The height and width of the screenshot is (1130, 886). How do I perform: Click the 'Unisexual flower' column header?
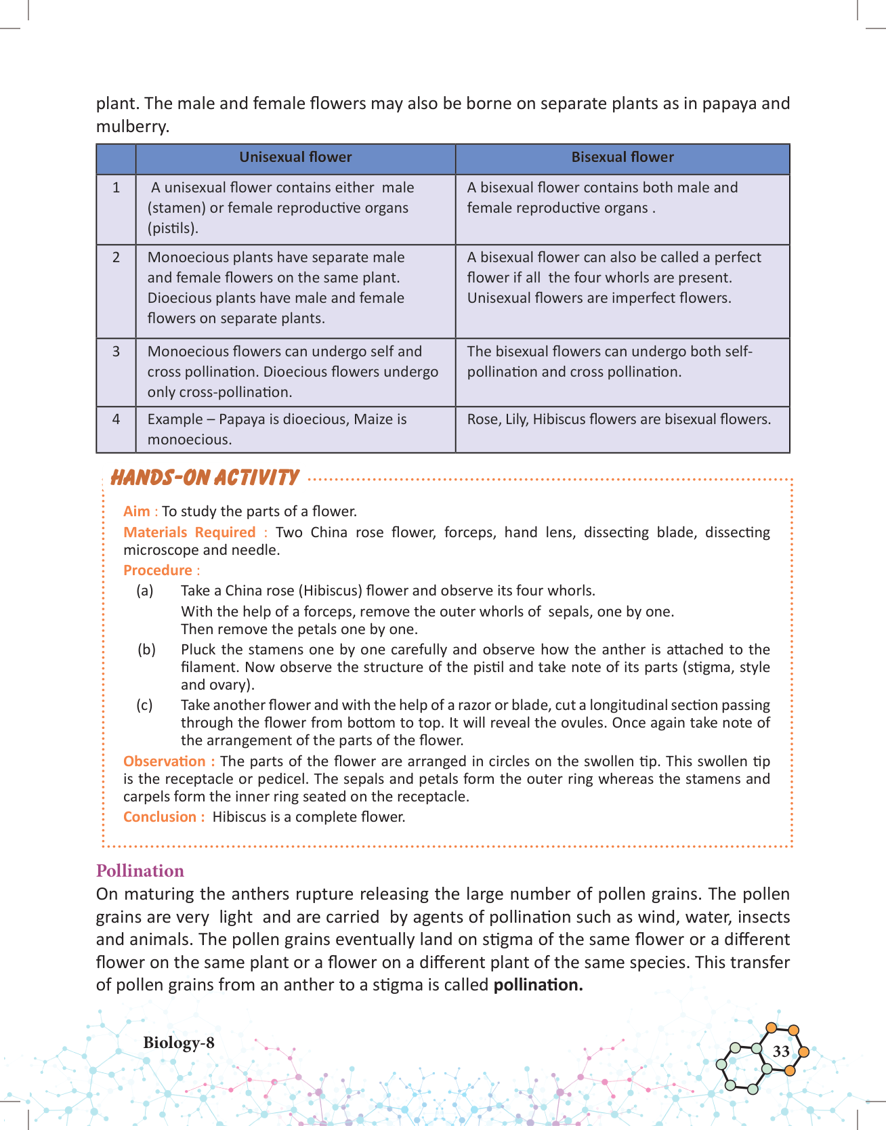295,157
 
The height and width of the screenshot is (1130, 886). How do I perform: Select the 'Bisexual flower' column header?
623,157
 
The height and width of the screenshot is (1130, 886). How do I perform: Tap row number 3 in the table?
116,352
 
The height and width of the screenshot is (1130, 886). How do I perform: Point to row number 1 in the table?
116,188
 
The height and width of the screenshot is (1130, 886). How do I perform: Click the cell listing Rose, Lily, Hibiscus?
618,419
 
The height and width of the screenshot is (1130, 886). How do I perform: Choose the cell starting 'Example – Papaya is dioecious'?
277,429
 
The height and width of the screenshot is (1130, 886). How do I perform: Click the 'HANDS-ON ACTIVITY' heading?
204,478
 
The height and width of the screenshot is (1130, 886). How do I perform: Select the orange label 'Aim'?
136,511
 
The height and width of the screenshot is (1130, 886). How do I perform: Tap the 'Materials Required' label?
189,532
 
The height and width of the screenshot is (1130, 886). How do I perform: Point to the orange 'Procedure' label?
158,570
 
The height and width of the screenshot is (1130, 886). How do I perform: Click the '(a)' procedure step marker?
145,591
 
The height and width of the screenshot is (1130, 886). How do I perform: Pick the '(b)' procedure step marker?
146,650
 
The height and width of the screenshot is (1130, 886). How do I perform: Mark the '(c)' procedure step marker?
144,705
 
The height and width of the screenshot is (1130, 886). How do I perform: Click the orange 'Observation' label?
165,761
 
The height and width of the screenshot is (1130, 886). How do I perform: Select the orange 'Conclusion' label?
160,817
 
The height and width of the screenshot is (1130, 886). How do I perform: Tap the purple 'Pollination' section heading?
140,871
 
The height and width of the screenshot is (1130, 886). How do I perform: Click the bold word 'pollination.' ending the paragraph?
538,985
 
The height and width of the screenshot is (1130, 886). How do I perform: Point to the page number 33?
781,1051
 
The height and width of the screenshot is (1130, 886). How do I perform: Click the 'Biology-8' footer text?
179,1043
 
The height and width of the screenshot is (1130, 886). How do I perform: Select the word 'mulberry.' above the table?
132,127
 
